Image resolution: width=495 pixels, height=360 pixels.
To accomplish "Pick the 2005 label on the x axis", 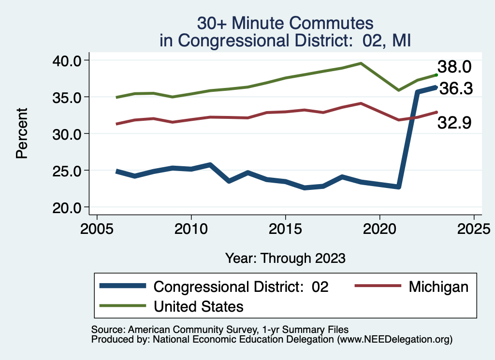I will tap(97, 227).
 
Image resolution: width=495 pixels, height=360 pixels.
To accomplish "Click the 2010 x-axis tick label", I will tap(191, 227).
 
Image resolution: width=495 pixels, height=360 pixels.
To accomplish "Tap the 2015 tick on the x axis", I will tap(285, 227).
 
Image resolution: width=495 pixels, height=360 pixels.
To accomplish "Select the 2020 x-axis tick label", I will tap(379, 227).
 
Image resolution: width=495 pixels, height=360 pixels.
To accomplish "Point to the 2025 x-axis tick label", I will tap(474, 227).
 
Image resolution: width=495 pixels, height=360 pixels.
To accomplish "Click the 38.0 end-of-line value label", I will tap(454, 67).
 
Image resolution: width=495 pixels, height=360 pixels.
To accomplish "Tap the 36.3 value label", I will tap(455, 89).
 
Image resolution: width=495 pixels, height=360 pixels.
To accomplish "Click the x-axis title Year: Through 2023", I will tap(285, 258).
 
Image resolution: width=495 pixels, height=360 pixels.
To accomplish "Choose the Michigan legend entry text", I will tap(438, 287).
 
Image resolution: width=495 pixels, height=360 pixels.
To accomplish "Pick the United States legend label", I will tap(199, 306).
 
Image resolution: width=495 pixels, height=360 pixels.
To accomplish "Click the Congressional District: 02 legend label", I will tap(241, 287).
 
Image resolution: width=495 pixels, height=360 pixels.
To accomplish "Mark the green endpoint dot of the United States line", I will tap(437, 75).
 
